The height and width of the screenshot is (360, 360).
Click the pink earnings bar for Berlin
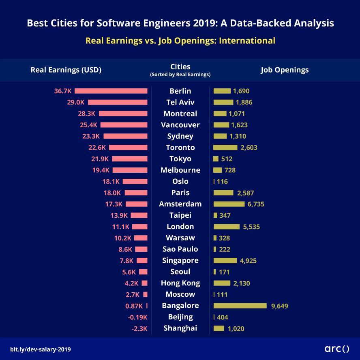click(111, 91)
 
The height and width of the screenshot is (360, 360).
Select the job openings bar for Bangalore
click(240, 306)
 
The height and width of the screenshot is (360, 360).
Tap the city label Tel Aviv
click(180, 102)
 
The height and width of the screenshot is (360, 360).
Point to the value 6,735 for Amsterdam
click(256, 204)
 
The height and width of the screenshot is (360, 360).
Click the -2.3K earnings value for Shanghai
click(139, 328)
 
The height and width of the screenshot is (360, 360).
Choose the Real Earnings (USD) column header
click(66, 70)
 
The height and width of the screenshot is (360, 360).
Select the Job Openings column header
click(285, 70)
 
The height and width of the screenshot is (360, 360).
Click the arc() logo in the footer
click(337, 348)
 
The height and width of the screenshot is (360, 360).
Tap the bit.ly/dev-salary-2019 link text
click(43, 349)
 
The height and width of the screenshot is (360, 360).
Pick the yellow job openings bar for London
click(227, 227)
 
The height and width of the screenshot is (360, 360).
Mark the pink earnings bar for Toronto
click(128, 148)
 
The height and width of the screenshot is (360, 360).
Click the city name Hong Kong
click(180, 283)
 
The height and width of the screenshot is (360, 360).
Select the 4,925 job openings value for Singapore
click(248, 261)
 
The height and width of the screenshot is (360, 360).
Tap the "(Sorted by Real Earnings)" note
click(180, 75)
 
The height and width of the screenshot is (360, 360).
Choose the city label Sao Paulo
click(180, 249)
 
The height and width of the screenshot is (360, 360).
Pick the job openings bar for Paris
click(223, 193)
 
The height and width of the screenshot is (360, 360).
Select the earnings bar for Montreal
click(123, 114)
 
